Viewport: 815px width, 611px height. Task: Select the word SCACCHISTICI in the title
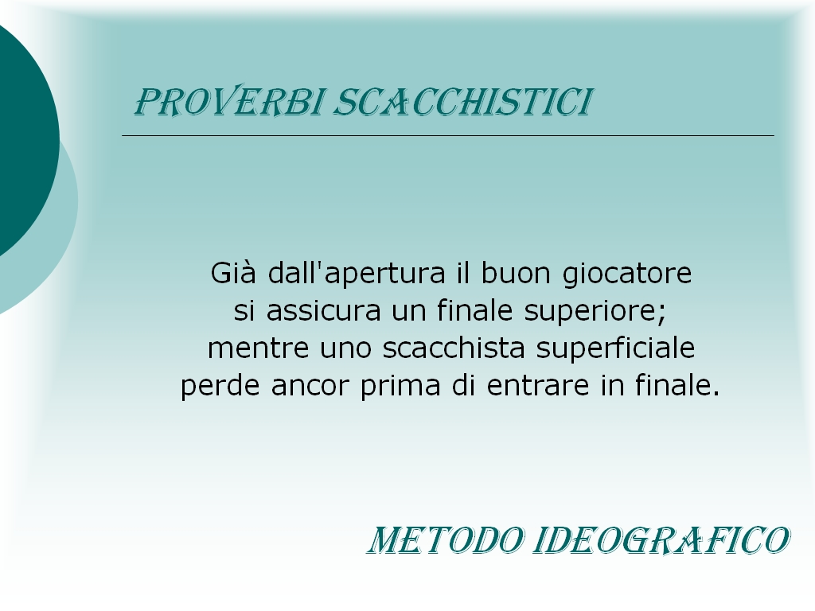[x=462, y=102]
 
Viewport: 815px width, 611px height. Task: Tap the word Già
[x=233, y=273]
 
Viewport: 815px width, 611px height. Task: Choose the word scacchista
[x=454, y=348]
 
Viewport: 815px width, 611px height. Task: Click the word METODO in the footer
[x=446, y=540]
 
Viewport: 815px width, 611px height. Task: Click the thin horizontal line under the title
[x=448, y=135]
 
